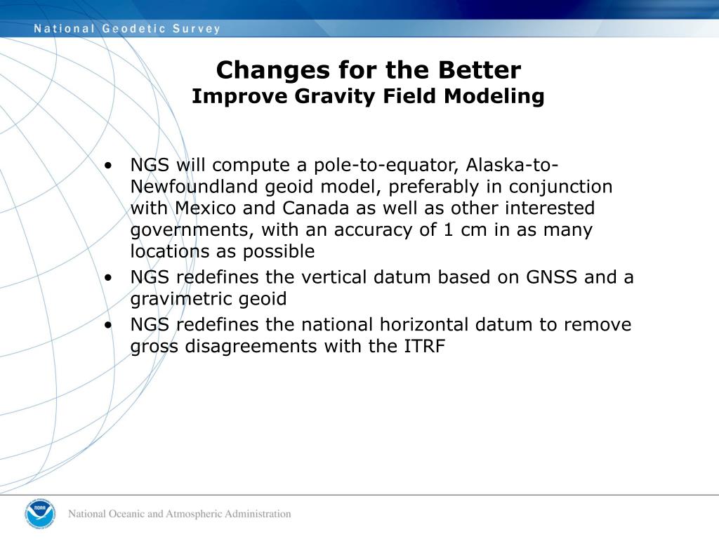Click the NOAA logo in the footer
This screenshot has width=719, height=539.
tap(40, 514)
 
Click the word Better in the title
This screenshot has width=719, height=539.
tap(479, 70)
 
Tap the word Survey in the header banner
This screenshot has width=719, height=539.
tap(197, 28)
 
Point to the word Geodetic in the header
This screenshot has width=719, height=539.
tap(133, 28)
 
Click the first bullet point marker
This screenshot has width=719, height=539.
tap(107, 165)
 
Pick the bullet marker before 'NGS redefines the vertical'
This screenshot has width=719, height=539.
tap(107, 277)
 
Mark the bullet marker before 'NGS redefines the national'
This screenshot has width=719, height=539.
tap(107, 324)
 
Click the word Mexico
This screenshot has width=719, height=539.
tap(205, 208)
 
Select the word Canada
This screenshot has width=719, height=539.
tap(315, 208)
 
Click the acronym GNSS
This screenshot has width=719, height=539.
tap(551, 277)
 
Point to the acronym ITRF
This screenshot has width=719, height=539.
tap(424, 346)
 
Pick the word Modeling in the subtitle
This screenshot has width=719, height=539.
tap(494, 97)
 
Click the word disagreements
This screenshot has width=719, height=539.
tap(251, 347)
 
